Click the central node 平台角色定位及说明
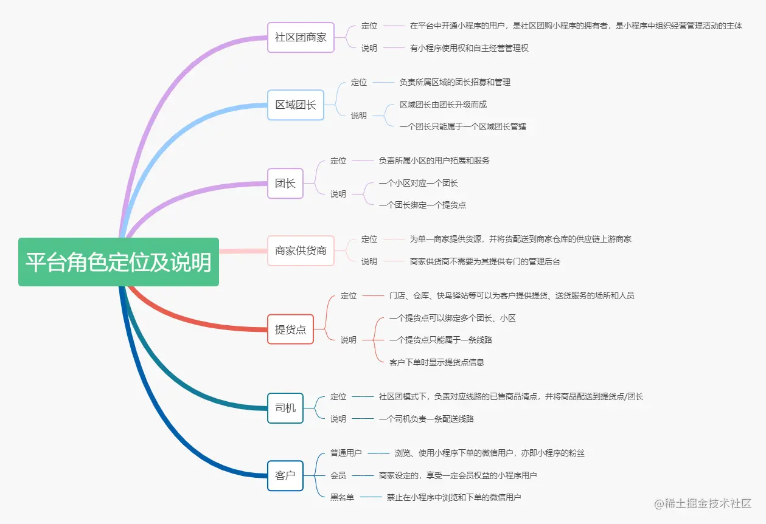point(118,262)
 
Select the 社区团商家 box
point(301,37)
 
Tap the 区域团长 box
point(296,105)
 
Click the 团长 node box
point(285,183)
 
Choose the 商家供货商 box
point(301,250)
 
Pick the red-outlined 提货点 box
point(290,329)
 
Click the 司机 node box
point(285,408)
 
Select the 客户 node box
point(285,475)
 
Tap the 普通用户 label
point(346,453)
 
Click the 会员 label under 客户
point(338,475)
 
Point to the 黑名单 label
point(342,497)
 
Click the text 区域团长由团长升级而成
point(443,105)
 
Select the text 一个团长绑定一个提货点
point(422,205)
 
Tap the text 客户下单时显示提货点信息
point(437,362)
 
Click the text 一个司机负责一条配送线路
point(426,419)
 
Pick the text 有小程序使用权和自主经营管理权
point(469,48)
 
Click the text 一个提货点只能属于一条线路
point(440,340)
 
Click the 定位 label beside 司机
point(338,397)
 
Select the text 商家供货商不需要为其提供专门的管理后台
point(485,261)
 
